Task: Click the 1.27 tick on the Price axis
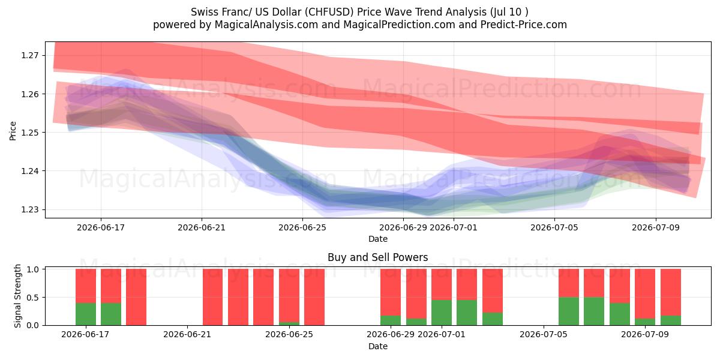pos(29,55)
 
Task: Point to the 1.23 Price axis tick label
pos(29,209)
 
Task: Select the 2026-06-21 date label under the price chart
pos(202,227)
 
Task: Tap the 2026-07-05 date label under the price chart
pos(554,227)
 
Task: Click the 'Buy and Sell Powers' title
pos(377,257)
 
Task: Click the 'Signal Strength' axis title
pos(17,296)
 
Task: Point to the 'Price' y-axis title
pos(13,131)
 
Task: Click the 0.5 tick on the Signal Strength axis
pos(32,298)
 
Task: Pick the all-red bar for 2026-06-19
pos(136,297)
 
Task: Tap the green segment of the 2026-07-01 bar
pos(442,313)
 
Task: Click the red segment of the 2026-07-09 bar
pos(645,294)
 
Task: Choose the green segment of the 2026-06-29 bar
pos(391,320)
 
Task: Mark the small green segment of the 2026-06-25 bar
pos(289,323)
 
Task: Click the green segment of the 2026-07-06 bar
pos(569,311)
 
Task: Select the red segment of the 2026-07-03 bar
pos(493,290)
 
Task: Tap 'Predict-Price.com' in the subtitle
pos(524,25)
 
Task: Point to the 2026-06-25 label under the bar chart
pos(289,334)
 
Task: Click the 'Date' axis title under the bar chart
pos(377,346)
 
